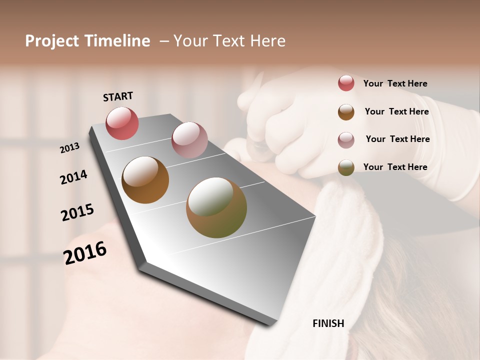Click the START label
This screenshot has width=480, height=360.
(x=118, y=96)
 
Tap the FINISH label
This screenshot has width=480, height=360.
(x=328, y=323)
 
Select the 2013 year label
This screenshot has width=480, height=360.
(x=70, y=148)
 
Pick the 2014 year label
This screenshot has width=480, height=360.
(x=73, y=177)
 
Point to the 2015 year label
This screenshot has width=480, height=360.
(x=77, y=212)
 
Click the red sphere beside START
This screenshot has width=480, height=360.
(x=122, y=123)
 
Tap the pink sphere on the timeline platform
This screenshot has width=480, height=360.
(x=189, y=140)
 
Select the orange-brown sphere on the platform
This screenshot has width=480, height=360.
(x=145, y=180)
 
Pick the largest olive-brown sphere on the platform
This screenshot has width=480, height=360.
(x=216, y=207)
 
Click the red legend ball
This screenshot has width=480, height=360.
(x=346, y=83)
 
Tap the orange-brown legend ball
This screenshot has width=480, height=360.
(x=346, y=111)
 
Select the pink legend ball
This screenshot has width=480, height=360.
(x=346, y=139)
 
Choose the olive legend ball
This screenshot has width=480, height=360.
(x=346, y=167)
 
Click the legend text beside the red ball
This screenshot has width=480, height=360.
(x=395, y=83)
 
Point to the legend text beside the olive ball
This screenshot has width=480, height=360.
(x=395, y=167)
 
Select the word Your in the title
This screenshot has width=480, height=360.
(x=190, y=41)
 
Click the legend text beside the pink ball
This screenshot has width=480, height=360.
(x=397, y=139)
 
